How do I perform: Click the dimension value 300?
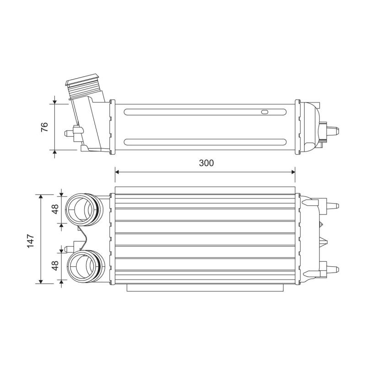click(206, 163)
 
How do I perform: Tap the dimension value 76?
click(44, 127)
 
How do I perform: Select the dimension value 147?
click(31, 241)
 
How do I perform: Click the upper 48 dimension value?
click(55, 209)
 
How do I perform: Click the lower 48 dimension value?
click(55, 265)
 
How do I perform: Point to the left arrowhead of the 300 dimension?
click(117, 172)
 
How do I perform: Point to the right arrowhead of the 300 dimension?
click(293, 172)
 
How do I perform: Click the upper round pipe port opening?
click(79, 210)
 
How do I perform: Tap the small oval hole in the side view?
click(265, 112)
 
